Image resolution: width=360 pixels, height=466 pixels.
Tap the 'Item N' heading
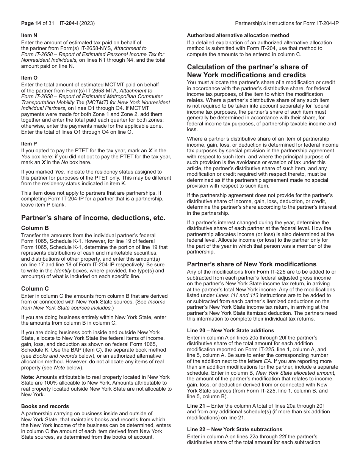point(29,35)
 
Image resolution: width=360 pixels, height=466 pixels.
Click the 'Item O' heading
point(29,78)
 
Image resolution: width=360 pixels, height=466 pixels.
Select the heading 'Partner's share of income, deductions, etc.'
point(93,218)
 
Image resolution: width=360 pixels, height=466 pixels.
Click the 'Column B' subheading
point(35,228)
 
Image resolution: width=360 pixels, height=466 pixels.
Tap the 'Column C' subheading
point(35,289)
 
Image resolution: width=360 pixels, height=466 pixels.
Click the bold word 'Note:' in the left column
point(28,377)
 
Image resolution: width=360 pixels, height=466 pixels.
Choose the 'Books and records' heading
point(45,406)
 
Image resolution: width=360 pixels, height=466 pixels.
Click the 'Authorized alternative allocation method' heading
point(238,35)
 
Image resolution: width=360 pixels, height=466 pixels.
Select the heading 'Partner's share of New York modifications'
point(252,264)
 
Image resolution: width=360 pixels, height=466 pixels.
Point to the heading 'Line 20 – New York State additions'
point(230,330)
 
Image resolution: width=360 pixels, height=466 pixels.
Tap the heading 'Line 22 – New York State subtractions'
point(235,429)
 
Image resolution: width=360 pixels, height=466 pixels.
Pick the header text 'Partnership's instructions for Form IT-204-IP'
point(287,23)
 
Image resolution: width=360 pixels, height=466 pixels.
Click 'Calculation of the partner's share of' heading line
point(247,67)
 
